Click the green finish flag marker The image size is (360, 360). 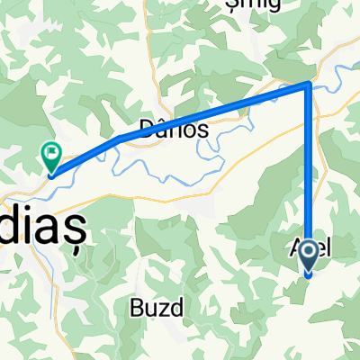coord(51,158)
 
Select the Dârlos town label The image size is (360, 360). coord(175,129)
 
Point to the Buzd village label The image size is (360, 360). coord(163,307)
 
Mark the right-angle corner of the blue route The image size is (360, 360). coord(310,85)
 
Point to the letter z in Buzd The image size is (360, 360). coord(168,308)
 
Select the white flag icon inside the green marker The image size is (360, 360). coord(51,154)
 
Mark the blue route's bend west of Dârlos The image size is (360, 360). coord(119,138)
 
